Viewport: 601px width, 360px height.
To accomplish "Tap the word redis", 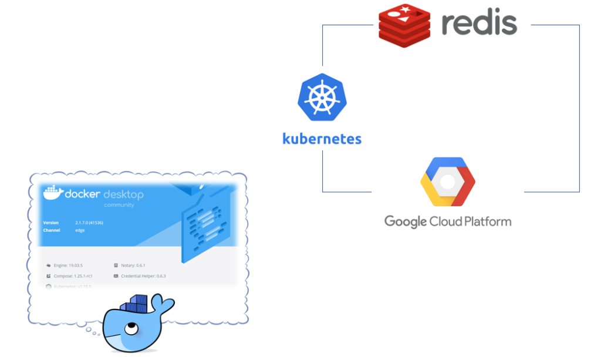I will tap(479, 23).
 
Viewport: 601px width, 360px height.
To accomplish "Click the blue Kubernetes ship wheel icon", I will tap(322, 97).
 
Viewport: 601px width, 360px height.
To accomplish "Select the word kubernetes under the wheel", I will tap(322, 139).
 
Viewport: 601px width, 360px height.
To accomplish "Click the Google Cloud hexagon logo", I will tap(448, 181).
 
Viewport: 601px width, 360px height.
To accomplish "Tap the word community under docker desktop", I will tap(119, 205).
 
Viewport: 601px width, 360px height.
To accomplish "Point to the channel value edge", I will tap(80, 230).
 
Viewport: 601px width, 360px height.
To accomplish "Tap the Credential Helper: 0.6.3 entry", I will tap(143, 275).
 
